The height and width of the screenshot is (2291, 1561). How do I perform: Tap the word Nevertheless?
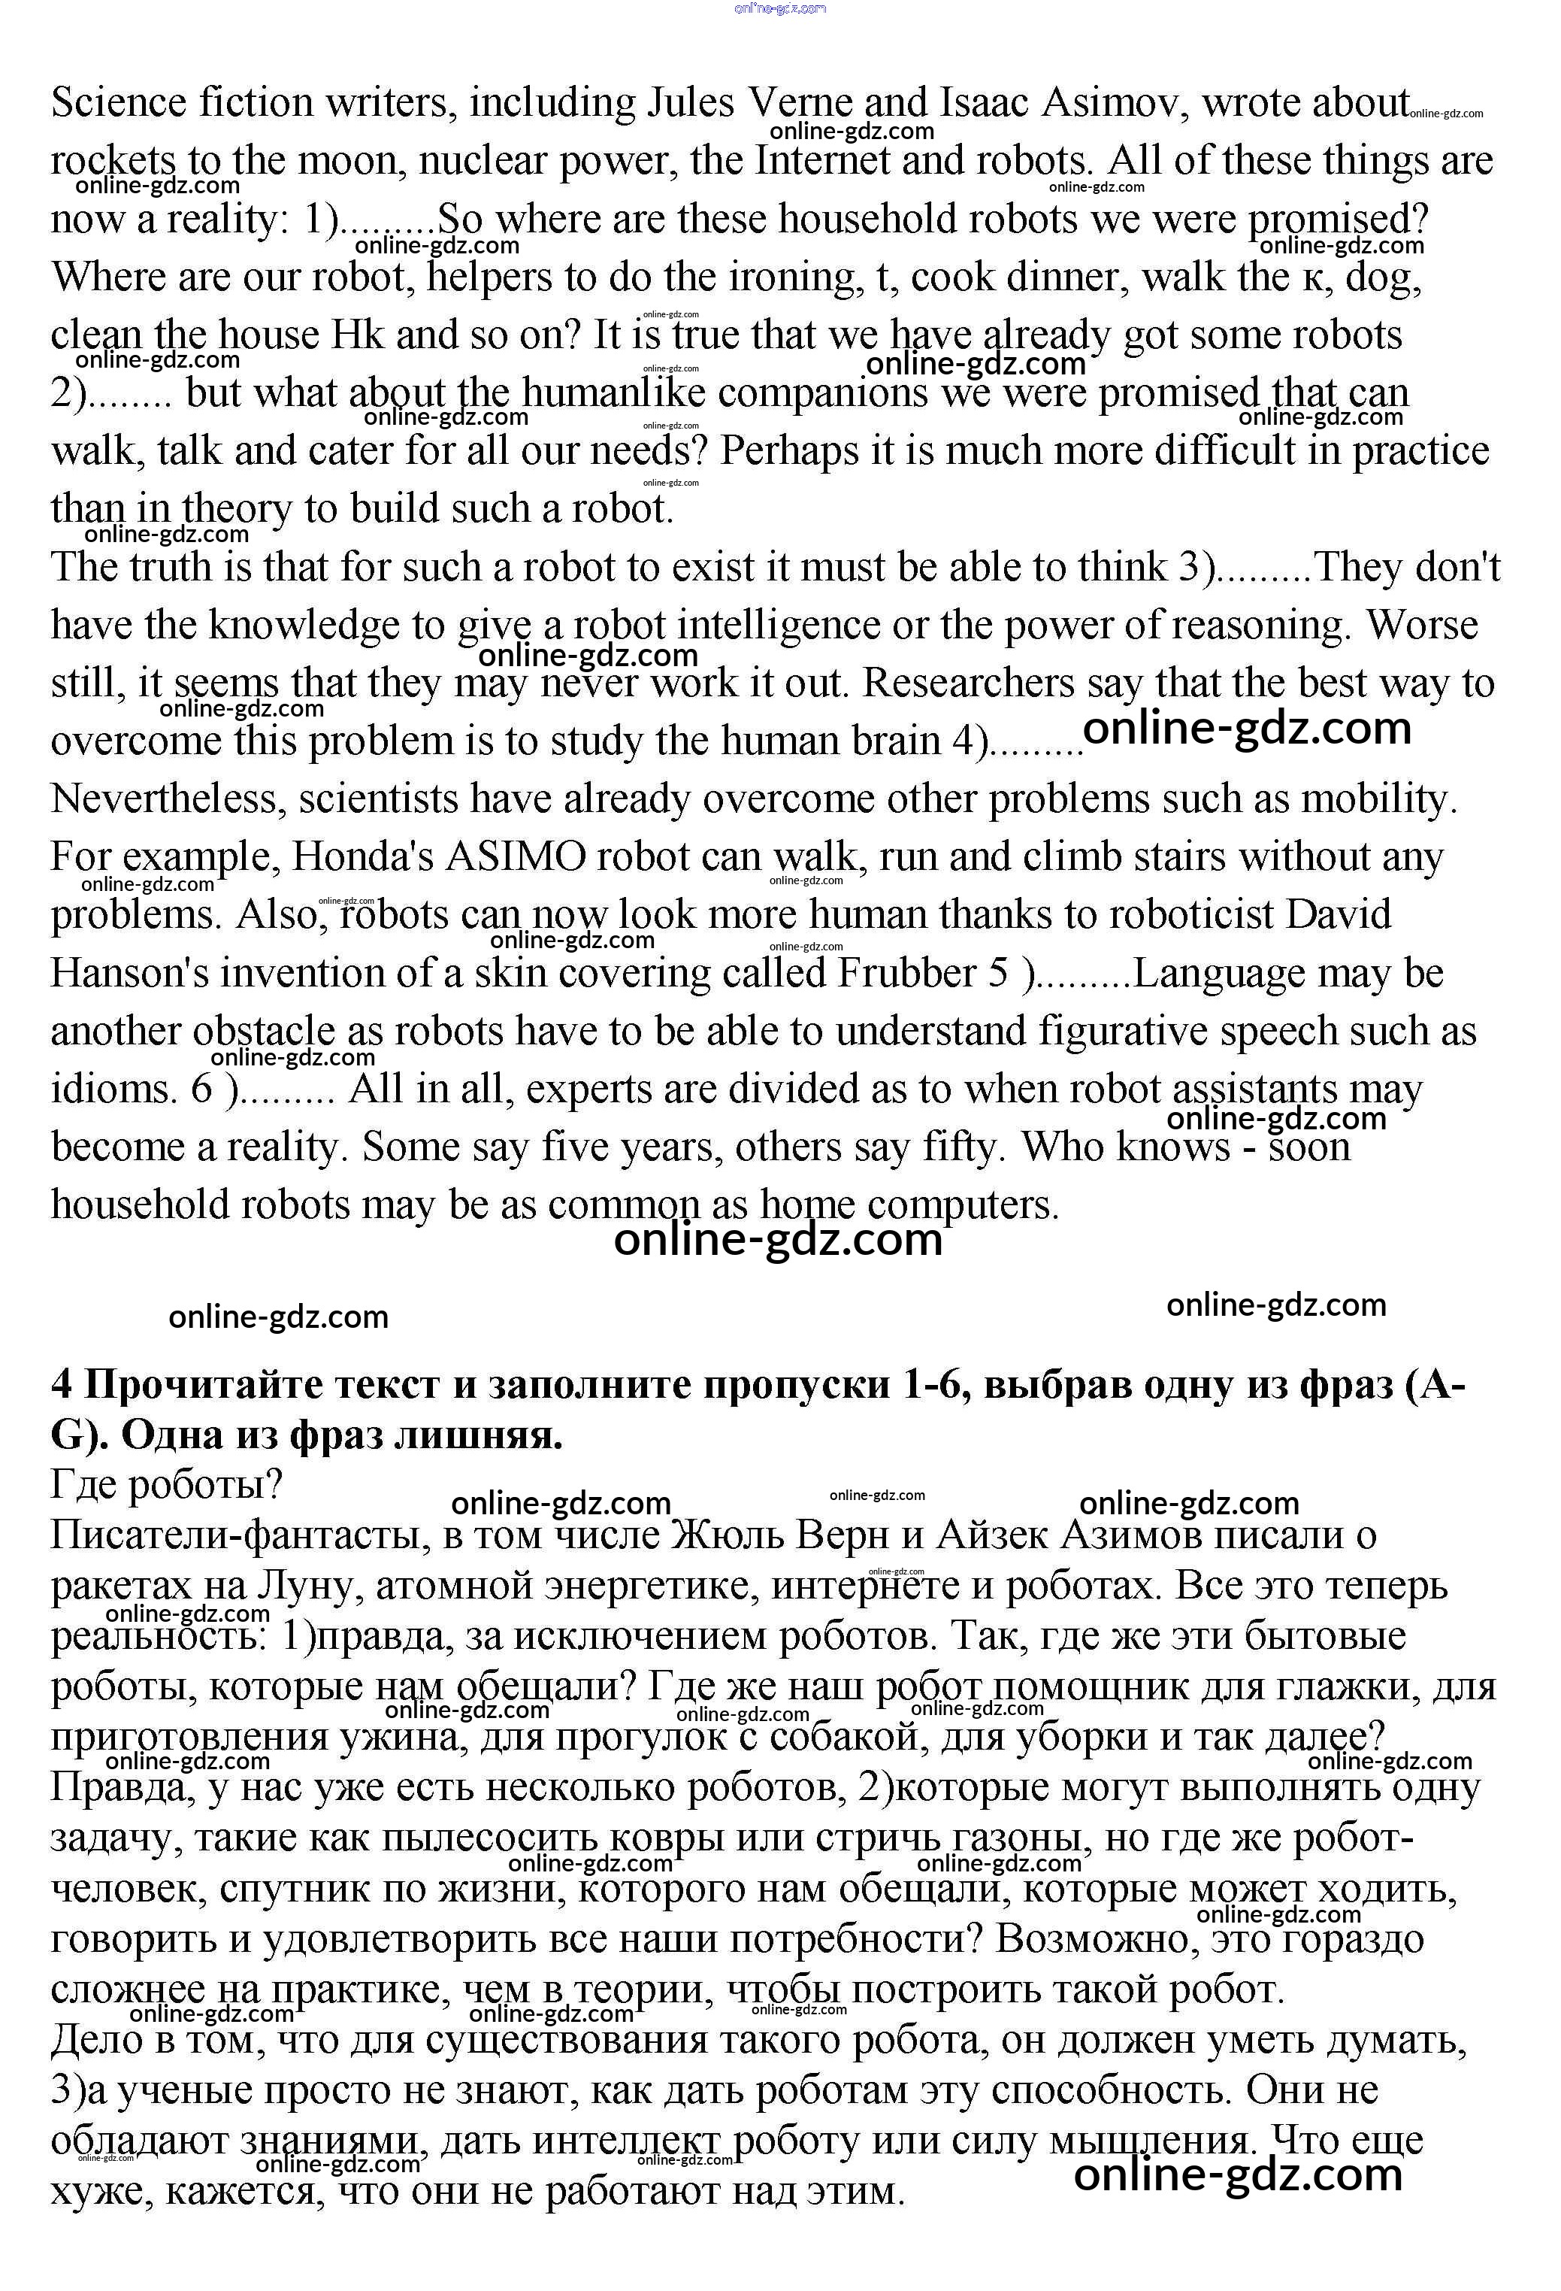pyautogui.click(x=168, y=799)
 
